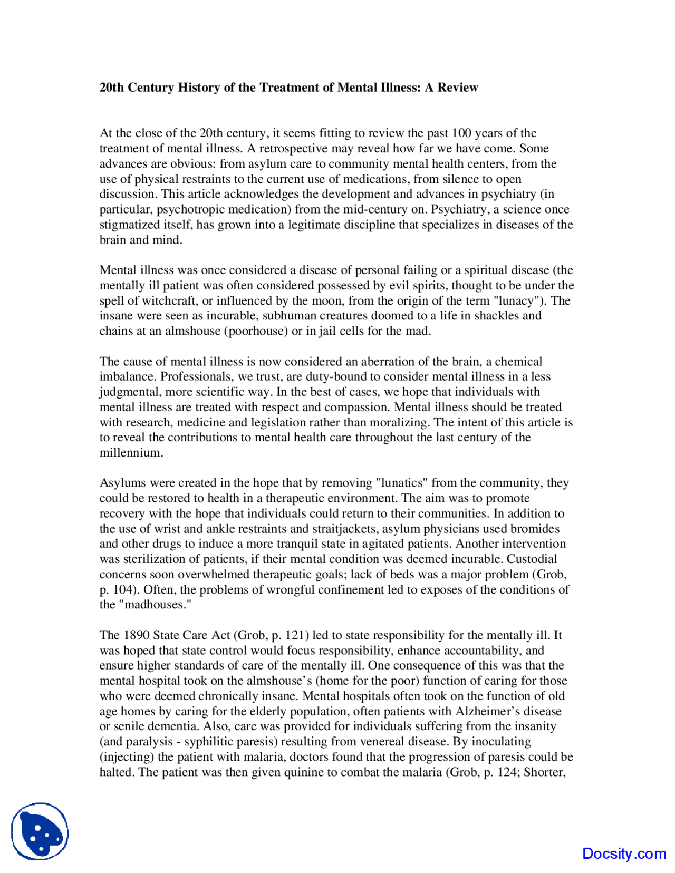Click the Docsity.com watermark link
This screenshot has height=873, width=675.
[624, 853]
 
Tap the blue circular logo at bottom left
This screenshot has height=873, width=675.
[40, 831]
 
